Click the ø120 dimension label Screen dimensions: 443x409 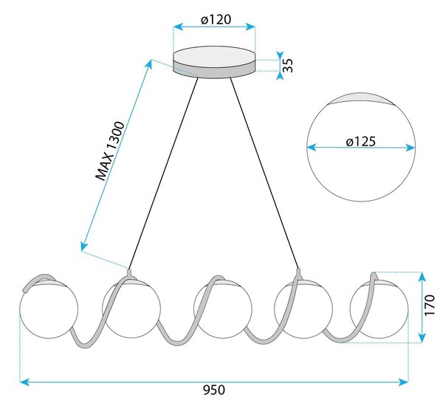click(216, 19)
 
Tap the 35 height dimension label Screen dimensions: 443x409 click(288, 66)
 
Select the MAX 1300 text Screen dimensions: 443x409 click(110, 151)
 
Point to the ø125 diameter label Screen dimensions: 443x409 click(361, 142)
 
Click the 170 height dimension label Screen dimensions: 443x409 click(429, 305)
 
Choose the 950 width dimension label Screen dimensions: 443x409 click(214, 390)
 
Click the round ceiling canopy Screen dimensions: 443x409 click(214, 62)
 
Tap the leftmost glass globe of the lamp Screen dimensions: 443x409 click(49, 309)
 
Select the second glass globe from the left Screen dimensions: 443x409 click(131, 309)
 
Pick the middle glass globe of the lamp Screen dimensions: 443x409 click(223, 309)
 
